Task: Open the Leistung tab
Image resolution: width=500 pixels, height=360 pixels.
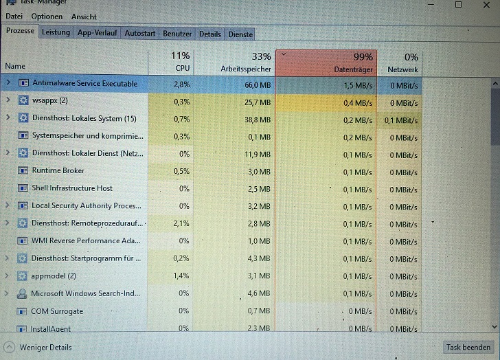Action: tap(56, 32)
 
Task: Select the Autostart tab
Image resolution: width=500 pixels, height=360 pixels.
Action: tap(139, 33)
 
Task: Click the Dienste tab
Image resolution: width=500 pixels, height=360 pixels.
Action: tap(240, 34)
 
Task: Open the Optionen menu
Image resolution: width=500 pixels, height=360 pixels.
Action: tap(47, 16)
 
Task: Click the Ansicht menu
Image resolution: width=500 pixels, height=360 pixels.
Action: tap(84, 16)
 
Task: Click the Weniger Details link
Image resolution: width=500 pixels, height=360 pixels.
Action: tap(45, 347)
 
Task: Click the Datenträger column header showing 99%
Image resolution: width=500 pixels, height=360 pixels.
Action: tap(326, 63)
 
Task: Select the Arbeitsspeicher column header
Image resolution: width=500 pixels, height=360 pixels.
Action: tap(235, 63)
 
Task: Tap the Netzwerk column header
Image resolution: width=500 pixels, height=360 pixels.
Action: tap(400, 63)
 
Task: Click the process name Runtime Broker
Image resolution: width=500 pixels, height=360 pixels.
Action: tap(58, 170)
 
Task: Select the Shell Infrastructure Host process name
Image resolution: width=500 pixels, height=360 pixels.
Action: tap(72, 188)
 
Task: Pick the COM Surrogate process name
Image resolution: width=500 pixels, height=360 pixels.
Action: tap(57, 311)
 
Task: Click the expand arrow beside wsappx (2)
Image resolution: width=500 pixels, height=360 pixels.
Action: tap(8, 100)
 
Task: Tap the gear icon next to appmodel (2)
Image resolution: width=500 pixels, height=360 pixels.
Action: tap(22, 275)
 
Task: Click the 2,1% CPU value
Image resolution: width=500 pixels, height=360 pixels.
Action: tap(181, 223)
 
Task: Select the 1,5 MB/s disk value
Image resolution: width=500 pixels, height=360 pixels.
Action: tap(358, 85)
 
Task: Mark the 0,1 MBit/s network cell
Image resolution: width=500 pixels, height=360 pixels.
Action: tap(401, 120)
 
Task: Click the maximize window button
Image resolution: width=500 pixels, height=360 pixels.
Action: tap(458, 4)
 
